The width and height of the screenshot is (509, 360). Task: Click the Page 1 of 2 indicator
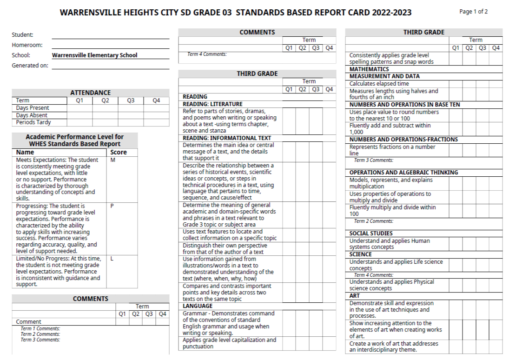coord(473,12)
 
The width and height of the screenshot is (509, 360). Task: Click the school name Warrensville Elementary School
coord(95,55)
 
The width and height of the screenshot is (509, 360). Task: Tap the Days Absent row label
coord(32,115)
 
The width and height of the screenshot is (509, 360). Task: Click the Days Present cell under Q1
coord(80,108)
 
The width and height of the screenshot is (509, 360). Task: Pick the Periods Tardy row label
coord(33,122)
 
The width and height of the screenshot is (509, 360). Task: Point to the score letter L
coord(112,259)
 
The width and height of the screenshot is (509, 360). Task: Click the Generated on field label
coord(30,66)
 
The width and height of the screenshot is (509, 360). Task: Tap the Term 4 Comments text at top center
coord(207,54)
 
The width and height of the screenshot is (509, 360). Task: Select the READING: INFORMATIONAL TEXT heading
coord(227,138)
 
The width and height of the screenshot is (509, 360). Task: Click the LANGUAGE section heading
coord(198,306)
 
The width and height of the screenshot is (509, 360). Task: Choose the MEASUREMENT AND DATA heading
coord(384,76)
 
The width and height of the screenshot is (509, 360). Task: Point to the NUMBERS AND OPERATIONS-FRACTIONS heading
coord(403,140)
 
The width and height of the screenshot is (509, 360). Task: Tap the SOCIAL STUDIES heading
coord(371,233)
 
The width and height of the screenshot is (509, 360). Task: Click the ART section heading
coord(355,296)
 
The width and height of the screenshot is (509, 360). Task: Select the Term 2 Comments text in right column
coord(374,221)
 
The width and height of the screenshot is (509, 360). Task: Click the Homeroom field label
coord(27,45)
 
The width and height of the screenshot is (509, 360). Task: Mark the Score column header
coord(119,152)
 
